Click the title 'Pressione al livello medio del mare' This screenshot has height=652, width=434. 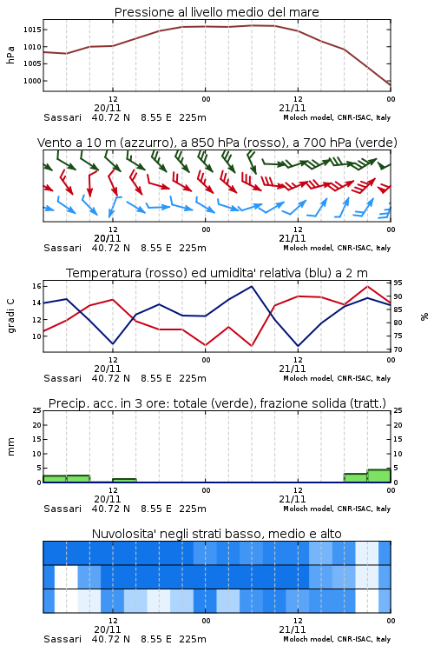coord(216,12)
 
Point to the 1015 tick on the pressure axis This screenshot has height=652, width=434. coord(32,30)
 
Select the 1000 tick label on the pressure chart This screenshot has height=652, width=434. coord(32,81)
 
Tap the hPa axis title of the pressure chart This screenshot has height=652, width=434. coord(10,55)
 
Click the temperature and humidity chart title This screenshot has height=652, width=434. coord(216,273)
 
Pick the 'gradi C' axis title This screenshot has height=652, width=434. coord(10,316)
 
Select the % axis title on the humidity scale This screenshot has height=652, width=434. coord(424,316)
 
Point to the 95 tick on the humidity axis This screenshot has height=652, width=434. coord(398,283)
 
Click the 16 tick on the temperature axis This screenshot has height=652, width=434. coord(36,286)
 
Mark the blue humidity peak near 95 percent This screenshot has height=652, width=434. coord(251,286)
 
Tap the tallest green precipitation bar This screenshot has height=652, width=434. coord(378,476)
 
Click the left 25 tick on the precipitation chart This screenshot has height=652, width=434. coord(36,410)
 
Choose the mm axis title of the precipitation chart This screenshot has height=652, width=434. coord(10,447)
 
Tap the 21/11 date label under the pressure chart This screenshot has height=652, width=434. coord(292,108)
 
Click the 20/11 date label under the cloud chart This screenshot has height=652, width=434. coord(107,629)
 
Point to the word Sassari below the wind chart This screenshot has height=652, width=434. coord(62,248)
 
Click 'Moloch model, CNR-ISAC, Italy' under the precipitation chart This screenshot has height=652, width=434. coord(337,509)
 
